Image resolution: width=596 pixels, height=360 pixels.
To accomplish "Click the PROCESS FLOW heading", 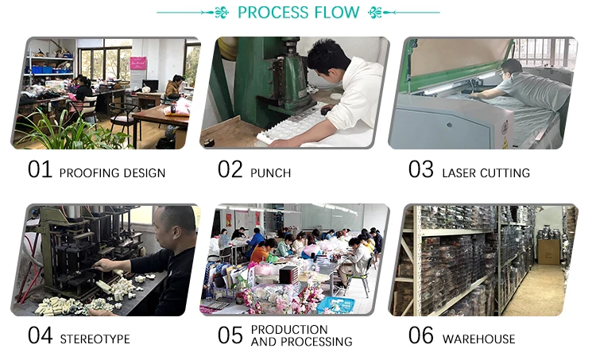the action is pos(298,13).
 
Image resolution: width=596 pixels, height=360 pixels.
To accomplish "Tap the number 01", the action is pos(40,170).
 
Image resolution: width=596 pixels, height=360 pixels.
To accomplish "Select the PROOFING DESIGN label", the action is pos(112,172).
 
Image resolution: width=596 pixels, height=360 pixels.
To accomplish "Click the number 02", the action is pos(230,170).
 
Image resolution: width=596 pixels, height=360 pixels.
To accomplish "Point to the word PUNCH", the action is pos(270,172).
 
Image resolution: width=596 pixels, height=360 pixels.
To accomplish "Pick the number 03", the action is pos(421,170).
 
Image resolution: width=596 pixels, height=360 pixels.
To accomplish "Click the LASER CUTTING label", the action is pos(486,172).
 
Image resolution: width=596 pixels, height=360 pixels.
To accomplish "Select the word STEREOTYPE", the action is pos(95,339).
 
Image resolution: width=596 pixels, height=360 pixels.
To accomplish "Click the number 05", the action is pos(230,335).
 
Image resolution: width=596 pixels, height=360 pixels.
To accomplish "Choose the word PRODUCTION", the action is pos(289,329).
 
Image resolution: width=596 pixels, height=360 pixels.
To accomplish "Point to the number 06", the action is pos(421,335).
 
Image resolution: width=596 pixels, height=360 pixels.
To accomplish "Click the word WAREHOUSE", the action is pos(478,339).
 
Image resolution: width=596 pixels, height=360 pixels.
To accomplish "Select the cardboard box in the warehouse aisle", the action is pos(549,251).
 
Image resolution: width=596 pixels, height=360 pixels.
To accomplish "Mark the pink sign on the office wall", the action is pos(138,64).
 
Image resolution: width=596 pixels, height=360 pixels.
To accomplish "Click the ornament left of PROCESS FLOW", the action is pos(222,13).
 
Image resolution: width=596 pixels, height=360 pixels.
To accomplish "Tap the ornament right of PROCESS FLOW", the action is pos(375,13).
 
